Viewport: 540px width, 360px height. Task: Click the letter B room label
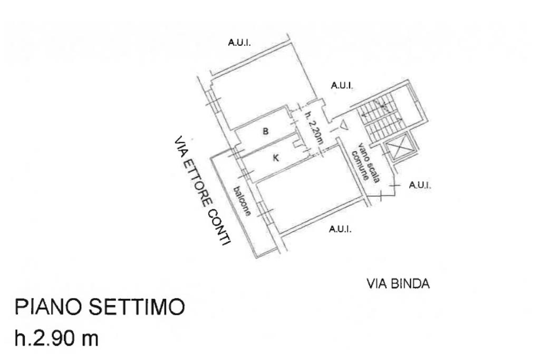(266, 131)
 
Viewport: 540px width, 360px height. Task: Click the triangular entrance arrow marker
(344, 125)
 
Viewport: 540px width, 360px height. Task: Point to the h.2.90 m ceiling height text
(57, 338)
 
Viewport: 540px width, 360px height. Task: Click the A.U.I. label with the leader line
(420, 185)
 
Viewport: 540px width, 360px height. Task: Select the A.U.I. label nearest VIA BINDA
(340, 229)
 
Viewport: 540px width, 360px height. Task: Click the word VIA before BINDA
(377, 285)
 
